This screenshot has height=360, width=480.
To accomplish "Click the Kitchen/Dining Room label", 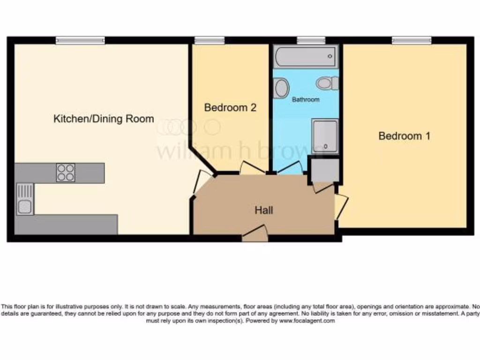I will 104,119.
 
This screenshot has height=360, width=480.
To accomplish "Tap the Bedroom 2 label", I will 230,107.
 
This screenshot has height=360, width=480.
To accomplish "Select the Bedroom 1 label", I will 404,136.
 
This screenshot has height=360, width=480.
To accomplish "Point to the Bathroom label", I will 306,99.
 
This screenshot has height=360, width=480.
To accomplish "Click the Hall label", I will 264,210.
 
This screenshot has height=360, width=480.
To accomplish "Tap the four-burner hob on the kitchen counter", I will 66,172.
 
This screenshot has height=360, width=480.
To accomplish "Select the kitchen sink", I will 25,199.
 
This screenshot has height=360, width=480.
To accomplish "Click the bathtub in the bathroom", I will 306,57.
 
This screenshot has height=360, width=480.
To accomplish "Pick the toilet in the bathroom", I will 327,83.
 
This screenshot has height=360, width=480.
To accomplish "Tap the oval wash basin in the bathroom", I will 281,88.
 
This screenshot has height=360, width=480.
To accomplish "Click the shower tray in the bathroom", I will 325,136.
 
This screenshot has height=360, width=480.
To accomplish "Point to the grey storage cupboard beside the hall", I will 323,170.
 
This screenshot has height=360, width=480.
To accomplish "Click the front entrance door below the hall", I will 255,233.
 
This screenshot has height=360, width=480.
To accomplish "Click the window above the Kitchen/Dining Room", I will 80,40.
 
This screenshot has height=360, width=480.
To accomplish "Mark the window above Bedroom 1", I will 411,40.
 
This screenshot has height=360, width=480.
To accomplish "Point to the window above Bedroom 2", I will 209,40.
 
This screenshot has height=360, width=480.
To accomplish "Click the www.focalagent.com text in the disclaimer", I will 307,321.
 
